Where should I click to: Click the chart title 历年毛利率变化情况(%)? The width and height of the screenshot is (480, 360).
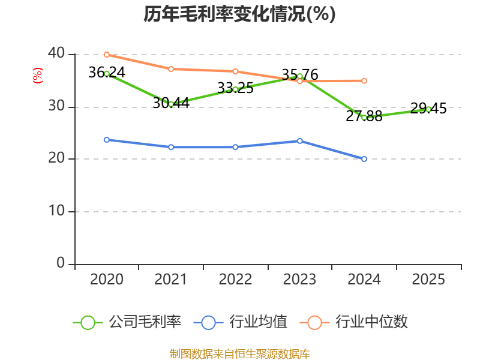point(239,14)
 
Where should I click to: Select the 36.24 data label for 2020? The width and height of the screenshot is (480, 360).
point(106,73)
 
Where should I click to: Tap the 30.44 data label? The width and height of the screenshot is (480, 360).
point(171,103)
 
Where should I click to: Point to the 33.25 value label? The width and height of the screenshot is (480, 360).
point(235,88)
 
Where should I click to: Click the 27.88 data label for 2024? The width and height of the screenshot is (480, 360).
point(364,116)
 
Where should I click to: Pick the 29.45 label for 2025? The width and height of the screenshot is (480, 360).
point(428,109)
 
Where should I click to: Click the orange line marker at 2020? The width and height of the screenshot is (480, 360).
point(107,55)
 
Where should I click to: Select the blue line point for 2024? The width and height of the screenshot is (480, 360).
point(364,159)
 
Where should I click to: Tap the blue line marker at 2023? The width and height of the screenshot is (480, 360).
point(300,141)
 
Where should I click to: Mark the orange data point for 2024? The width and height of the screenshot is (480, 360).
point(364,80)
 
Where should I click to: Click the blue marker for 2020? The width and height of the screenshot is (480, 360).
point(107,140)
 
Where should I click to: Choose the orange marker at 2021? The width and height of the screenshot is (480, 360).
point(171,69)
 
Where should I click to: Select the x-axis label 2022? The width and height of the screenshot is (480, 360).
point(235,280)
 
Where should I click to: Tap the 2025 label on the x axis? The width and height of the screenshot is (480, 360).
point(428,280)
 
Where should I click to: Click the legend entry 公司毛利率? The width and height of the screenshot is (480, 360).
point(127,322)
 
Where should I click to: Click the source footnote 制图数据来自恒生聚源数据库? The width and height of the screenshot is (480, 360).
point(239,353)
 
